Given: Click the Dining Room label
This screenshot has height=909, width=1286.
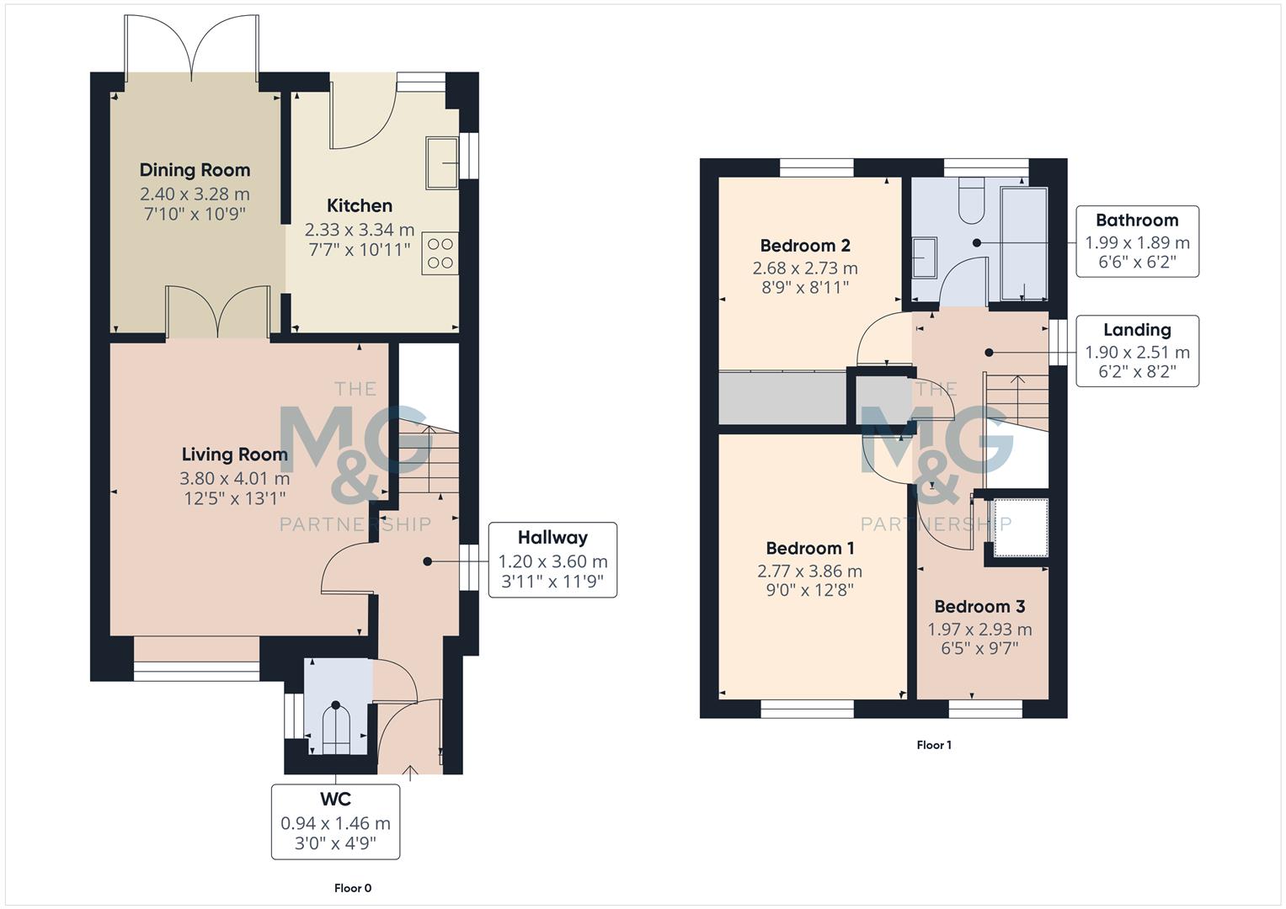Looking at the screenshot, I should point(195,170).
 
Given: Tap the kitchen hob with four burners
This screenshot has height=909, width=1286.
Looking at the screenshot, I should point(440,252).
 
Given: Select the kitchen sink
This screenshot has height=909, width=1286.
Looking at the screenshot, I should point(442,162).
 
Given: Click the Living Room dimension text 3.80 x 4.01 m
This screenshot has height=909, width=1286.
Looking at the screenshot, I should point(234,478).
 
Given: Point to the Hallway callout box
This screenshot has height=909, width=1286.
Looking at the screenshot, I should point(552,560).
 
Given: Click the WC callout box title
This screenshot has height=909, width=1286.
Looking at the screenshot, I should point(335,799).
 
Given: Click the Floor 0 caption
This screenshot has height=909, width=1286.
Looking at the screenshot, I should point(352,888).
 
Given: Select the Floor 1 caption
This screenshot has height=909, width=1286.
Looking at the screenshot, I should point(934,745).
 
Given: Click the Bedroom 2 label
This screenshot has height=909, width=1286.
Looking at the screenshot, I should point(805,246).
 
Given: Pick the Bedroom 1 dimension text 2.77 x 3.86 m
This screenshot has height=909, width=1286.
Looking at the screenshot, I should point(809,571).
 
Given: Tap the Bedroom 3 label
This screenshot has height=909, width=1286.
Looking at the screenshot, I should point(979,607).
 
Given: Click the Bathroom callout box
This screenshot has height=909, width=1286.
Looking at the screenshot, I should point(1137,242).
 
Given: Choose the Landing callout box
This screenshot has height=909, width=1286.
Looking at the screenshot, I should point(1137,352).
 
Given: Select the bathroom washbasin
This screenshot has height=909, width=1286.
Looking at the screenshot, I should point(925,257).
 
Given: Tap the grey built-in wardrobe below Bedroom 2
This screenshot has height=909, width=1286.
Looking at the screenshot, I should point(782,397).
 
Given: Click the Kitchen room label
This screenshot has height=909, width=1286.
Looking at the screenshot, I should point(360,205).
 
